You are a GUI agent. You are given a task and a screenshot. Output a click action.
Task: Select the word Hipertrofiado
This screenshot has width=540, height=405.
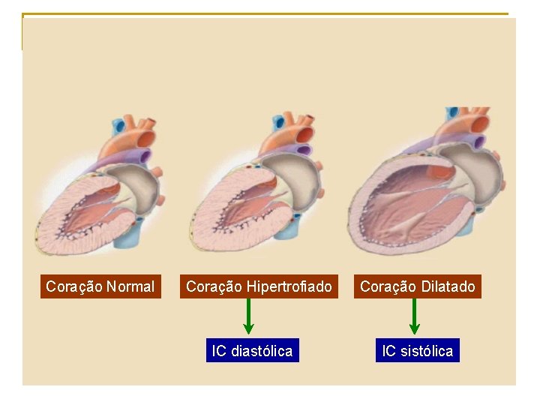point(289,286)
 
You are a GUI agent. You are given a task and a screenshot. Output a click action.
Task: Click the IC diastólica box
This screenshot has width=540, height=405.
point(252,351)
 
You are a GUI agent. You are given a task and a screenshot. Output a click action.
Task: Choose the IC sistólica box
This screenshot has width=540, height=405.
point(418,351)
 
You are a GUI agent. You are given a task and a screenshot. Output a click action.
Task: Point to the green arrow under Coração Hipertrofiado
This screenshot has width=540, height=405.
point(249,316)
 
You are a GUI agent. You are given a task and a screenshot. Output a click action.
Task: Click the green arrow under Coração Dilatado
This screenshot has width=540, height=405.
point(415,316)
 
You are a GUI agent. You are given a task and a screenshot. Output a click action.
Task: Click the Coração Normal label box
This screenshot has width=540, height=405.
point(100,286)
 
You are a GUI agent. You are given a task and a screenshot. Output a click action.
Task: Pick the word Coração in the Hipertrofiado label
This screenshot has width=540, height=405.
point(214,286)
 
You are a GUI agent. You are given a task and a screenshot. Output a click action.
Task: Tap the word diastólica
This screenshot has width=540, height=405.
point(262,351)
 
